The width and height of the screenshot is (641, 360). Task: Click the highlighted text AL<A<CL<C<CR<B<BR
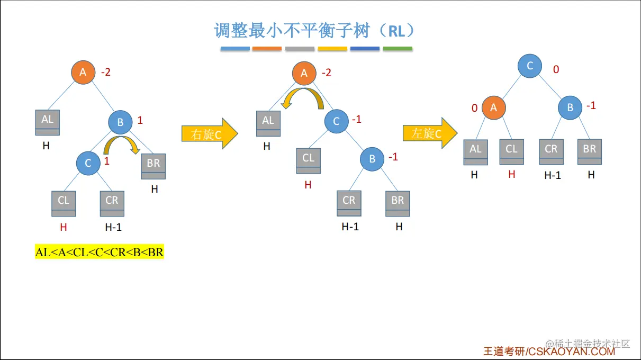pyautogui.click(x=100, y=253)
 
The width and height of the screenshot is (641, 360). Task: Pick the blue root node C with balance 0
pyautogui.click(x=530, y=66)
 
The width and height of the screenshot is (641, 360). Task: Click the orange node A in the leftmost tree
pyautogui.click(x=83, y=73)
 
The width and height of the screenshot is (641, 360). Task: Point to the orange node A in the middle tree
pyautogui.click(x=304, y=73)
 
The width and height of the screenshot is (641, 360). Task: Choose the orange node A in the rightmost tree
pyautogui.click(x=494, y=107)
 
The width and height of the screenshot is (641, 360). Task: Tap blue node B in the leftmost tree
pyautogui.click(x=120, y=122)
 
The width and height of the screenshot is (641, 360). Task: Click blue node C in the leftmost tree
pyautogui.click(x=88, y=163)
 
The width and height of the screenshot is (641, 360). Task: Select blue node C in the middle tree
pyautogui.click(x=336, y=121)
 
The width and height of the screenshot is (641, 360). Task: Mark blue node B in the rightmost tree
pyautogui.click(x=570, y=107)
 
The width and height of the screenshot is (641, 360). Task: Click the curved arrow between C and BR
pyautogui.click(x=121, y=145)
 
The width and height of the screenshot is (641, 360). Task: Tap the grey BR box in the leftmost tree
pyautogui.click(x=154, y=166)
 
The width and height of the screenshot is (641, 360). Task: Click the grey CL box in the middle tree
pyautogui.click(x=309, y=161)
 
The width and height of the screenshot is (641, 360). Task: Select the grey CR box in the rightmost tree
pyautogui.click(x=552, y=152)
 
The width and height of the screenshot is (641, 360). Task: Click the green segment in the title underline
pyautogui.click(x=398, y=49)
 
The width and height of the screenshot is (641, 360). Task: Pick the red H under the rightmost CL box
pyautogui.click(x=511, y=174)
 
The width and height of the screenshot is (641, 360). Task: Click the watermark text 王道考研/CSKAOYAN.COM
pyautogui.click(x=549, y=351)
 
